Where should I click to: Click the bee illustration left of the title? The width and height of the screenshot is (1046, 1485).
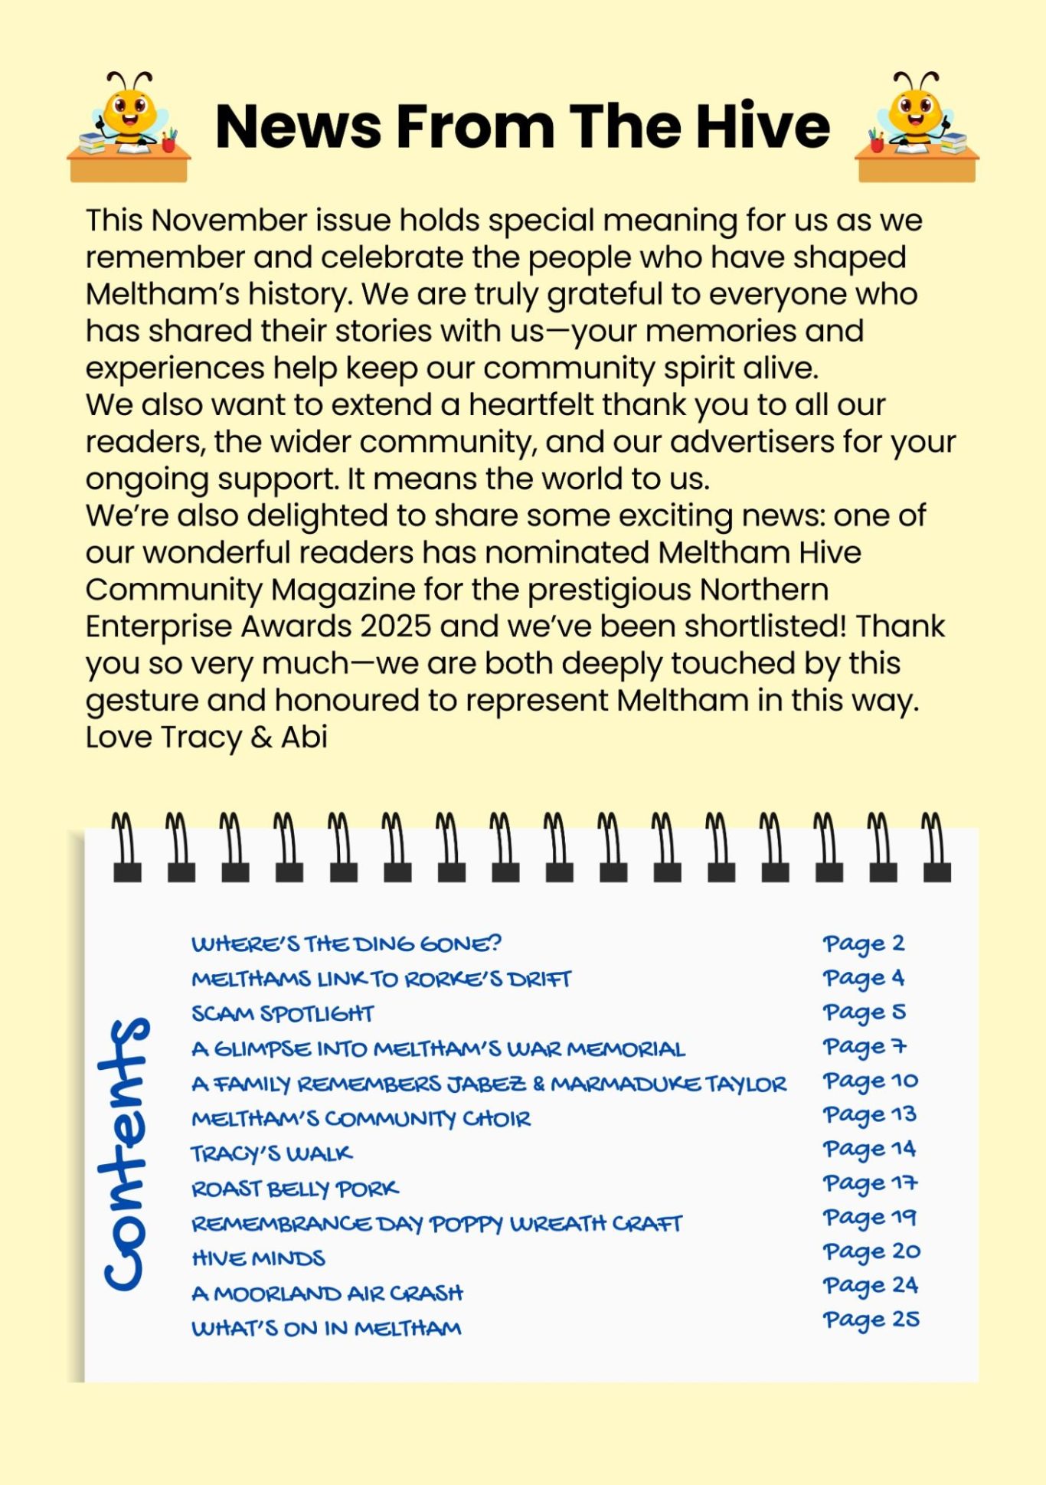[x=129, y=126]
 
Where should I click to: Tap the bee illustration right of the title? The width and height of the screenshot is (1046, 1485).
[x=917, y=126]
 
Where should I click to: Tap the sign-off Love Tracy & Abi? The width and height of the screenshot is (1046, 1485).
[x=207, y=738]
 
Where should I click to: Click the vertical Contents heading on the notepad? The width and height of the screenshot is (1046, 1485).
[x=124, y=1153]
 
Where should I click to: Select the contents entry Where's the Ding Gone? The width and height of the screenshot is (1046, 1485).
[x=346, y=944]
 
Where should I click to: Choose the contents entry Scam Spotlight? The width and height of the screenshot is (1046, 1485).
[x=283, y=1014]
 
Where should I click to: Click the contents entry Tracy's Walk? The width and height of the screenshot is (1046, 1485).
[x=272, y=1153]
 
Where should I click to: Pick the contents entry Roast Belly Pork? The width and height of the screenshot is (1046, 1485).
[x=295, y=1189]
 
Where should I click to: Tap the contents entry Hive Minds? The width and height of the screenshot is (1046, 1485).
[x=259, y=1258]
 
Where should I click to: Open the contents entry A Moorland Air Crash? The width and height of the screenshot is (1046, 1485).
[x=328, y=1294]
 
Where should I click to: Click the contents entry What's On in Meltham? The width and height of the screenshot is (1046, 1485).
[x=327, y=1328]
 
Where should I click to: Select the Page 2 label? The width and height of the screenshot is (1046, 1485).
[x=864, y=944]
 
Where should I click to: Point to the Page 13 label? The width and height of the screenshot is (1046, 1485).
[x=870, y=1115]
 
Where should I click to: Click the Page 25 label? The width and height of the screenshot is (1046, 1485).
[x=871, y=1320]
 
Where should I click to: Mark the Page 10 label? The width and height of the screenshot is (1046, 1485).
[x=871, y=1081]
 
